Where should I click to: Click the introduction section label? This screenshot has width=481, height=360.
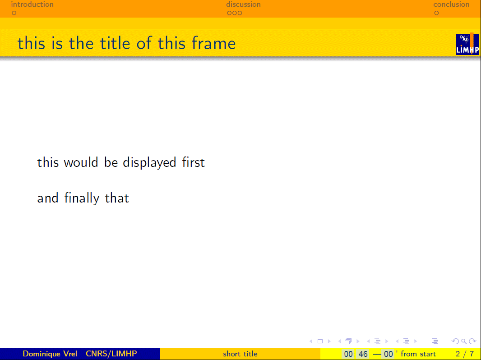click(x=32, y=5)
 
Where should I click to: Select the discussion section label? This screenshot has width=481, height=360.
click(x=243, y=5)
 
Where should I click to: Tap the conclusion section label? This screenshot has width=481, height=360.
click(x=451, y=5)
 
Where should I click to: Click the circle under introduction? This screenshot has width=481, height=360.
click(x=14, y=13)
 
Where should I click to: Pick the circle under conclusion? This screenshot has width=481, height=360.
click(x=436, y=13)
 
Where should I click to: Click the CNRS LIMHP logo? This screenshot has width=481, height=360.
click(x=467, y=44)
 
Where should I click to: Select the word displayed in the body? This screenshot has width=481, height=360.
click(x=149, y=162)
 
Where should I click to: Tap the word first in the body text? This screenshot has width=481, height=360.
click(x=193, y=162)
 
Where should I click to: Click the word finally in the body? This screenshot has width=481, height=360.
click(x=82, y=198)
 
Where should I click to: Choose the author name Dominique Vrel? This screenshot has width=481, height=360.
click(x=50, y=354)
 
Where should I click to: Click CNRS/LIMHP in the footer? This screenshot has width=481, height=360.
click(x=111, y=354)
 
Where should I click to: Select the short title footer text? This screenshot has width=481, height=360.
click(x=240, y=354)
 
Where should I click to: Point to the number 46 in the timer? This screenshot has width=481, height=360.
click(x=363, y=354)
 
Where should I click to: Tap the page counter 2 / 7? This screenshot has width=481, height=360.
click(x=465, y=354)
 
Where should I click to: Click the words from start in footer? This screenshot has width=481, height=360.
click(x=418, y=354)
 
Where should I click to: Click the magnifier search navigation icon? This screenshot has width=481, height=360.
click(x=464, y=342)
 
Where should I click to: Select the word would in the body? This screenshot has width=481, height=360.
click(x=81, y=162)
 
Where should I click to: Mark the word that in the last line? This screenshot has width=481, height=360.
click(x=117, y=198)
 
